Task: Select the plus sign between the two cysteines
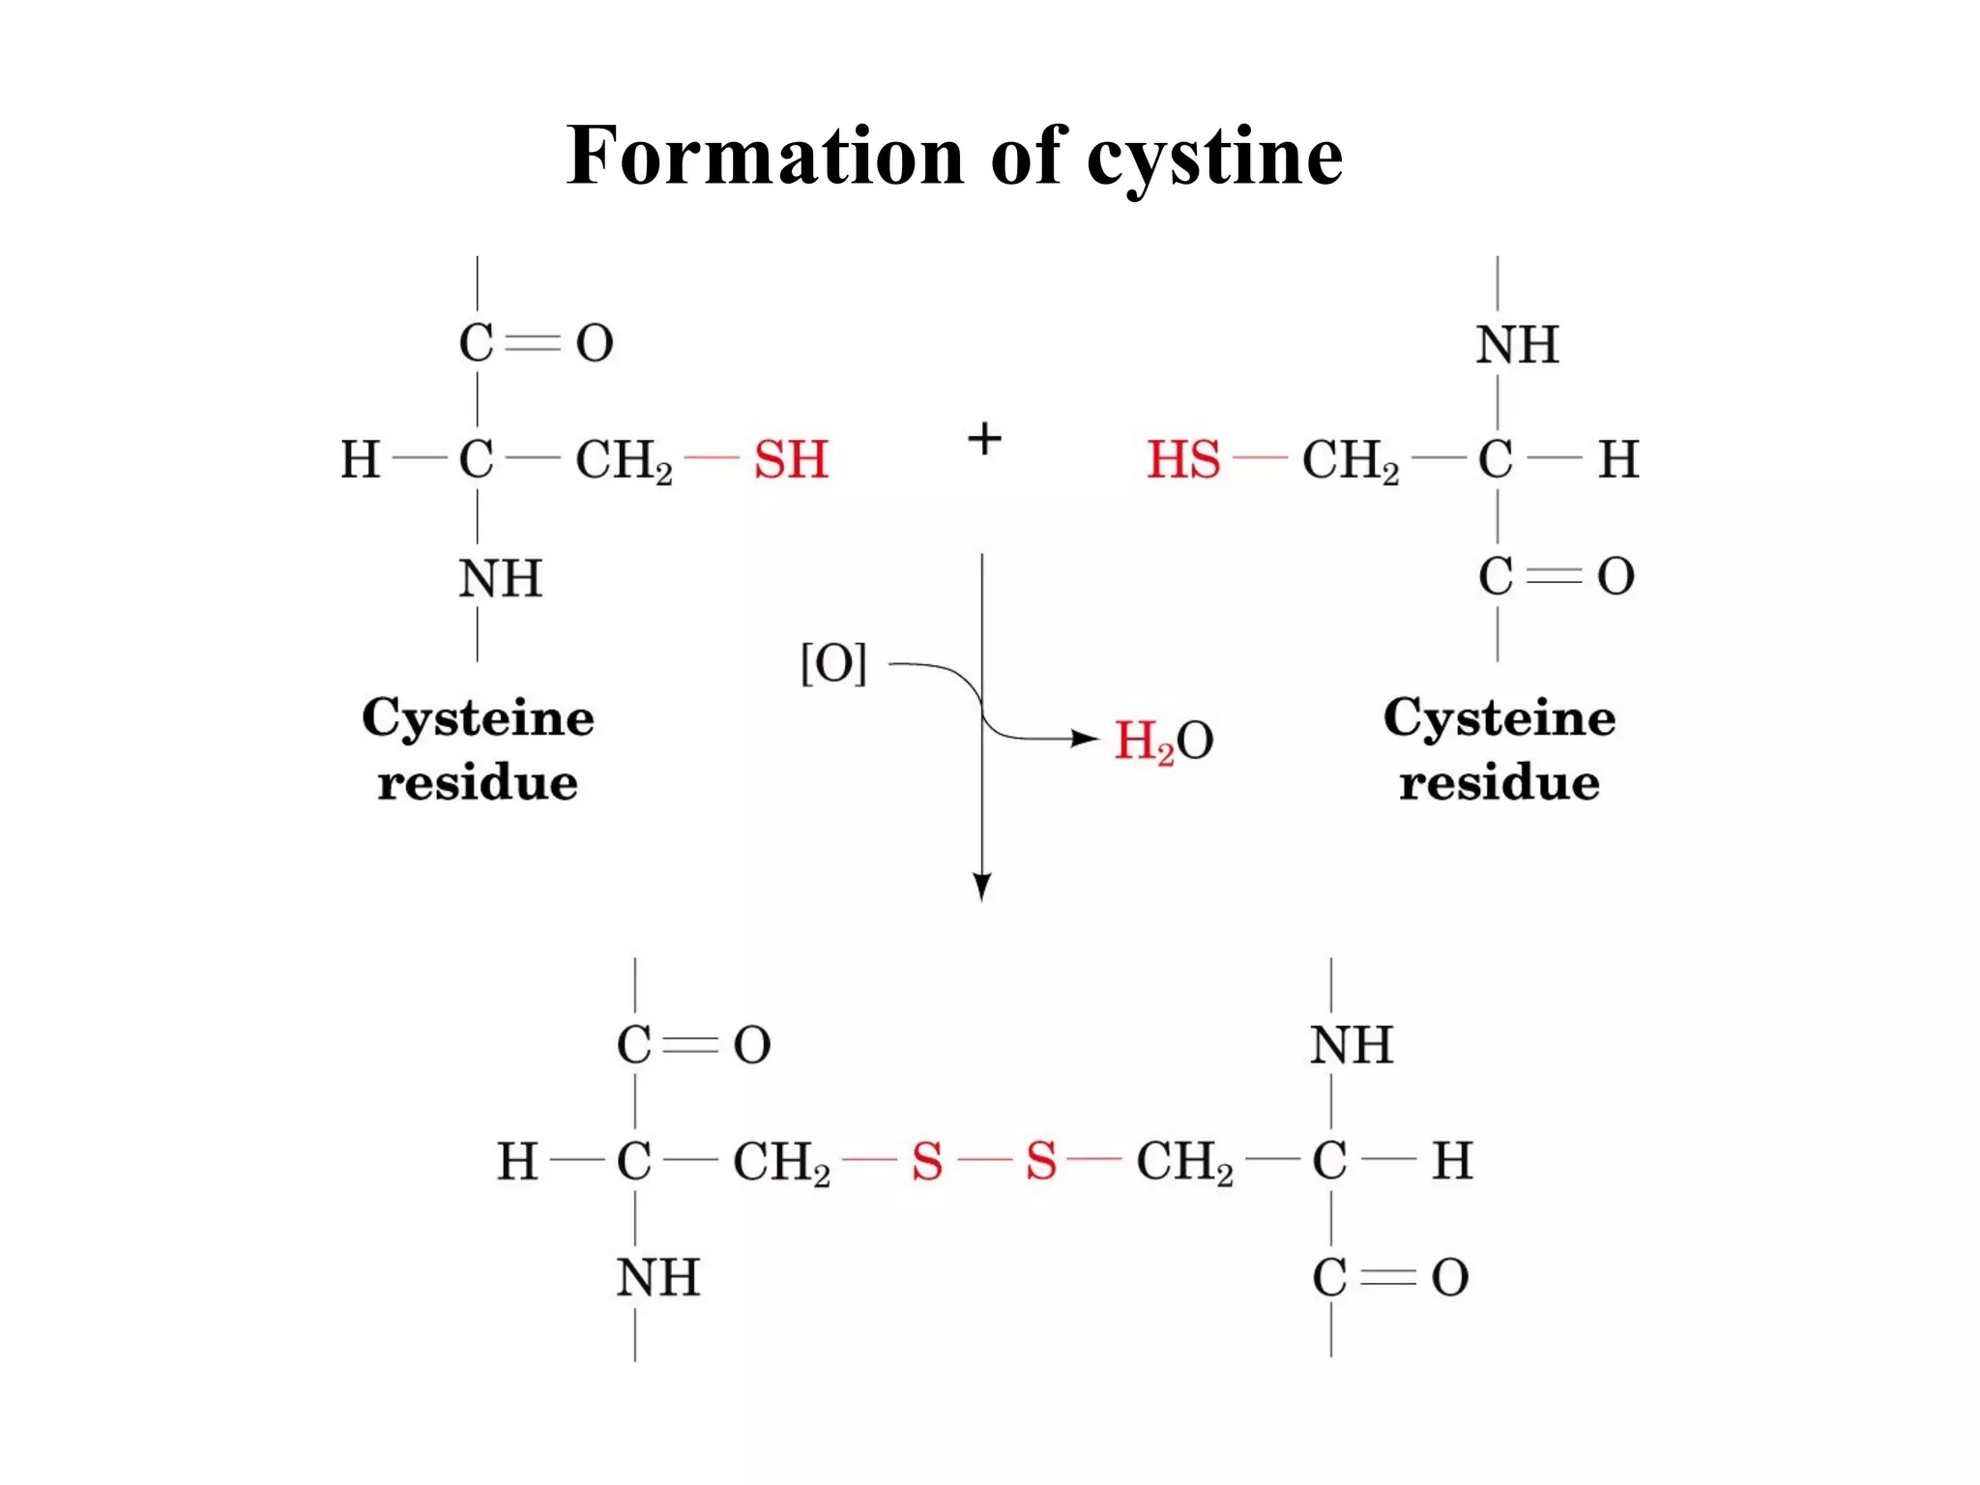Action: click(x=984, y=440)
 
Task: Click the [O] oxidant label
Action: click(x=833, y=663)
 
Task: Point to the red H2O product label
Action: click(x=1163, y=742)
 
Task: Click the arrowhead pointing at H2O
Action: click(x=1088, y=740)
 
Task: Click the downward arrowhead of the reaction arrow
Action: click(x=982, y=886)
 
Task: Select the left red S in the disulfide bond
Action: click(x=926, y=1161)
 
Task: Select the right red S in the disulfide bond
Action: click(x=1040, y=1161)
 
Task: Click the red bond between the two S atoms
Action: click(x=983, y=1159)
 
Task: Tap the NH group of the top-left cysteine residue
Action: click(x=500, y=579)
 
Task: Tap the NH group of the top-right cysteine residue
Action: click(x=1517, y=344)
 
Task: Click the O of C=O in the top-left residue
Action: click(x=595, y=343)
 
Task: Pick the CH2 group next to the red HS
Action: click(x=1350, y=460)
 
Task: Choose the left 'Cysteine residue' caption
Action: click(x=478, y=749)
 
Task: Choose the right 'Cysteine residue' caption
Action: click(x=1499, y=749)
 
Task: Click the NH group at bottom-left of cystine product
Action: click(x=657, y=1278)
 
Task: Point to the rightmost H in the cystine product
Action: click(x=1452, y=1161)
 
